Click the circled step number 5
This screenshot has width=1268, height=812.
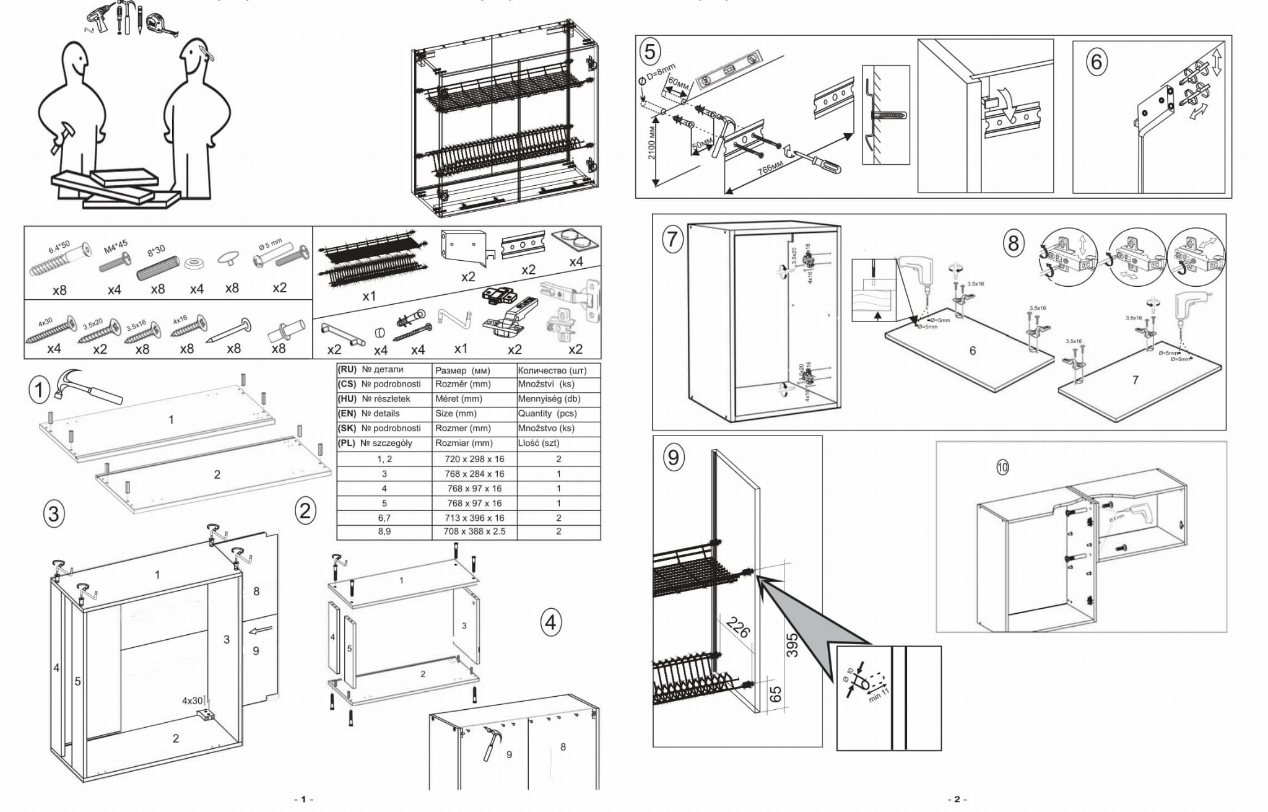pos(649,51)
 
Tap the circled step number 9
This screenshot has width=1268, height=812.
pos(672,457)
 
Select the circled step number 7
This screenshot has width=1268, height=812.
pos(673,238)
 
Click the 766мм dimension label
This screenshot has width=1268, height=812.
pos(770,169)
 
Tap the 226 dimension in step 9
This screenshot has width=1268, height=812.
pos(738,627)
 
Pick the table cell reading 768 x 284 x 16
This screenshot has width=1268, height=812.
pos(474,474)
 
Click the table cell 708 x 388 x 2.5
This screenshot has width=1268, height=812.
pos(474,531)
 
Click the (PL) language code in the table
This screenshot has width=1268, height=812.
pos(347,443)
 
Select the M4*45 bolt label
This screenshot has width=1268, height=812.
pos(116,246)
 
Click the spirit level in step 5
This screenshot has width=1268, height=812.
pos(728,69)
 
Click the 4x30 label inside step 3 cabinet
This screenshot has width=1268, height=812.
pos(192,701)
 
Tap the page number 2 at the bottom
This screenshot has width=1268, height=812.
pos(957,799)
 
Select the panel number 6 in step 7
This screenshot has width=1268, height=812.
pos(972,351)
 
